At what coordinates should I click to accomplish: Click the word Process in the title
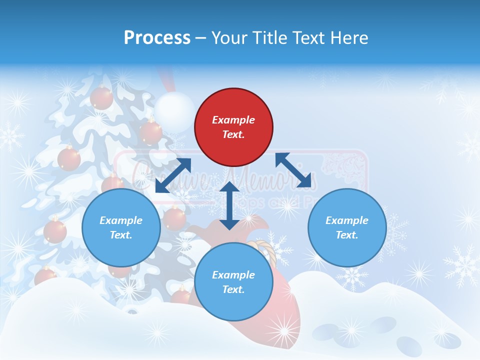pos(157,38)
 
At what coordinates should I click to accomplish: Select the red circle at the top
pos(233,127)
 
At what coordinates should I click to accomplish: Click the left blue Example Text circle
pos(121,227)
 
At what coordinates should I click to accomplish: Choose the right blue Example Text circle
pos(347,227)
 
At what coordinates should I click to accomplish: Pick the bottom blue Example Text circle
pos(233,282)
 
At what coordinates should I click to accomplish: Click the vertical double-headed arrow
pos(229,205)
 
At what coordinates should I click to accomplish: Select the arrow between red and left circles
pos(173,175)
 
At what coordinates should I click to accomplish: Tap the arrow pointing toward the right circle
pos(293,170)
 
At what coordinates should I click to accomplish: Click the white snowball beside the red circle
pos(174,112)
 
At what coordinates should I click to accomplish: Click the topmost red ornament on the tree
pos(101,97)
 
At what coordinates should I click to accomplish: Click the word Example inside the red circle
pos(233,120)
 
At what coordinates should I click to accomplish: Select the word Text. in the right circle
pos(347,235)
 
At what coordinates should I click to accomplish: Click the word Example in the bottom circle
pos(233,275)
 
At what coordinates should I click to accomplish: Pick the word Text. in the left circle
pos(121,235)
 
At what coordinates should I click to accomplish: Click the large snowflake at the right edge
pos(462,265)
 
